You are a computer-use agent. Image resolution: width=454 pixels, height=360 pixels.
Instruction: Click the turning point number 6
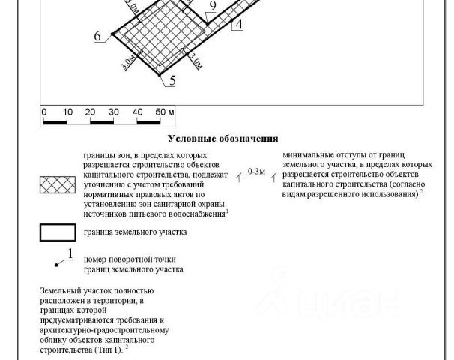click(97, 36)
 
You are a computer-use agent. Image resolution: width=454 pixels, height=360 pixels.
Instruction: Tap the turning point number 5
click(172, 80)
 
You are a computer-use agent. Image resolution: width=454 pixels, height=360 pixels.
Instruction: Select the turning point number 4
click(239, 24)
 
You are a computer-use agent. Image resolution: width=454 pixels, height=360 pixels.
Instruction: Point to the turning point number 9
click(213, 6)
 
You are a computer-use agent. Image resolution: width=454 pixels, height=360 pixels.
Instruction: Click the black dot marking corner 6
click(112, 34)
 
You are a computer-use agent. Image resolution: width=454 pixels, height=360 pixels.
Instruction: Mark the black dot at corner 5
click(160, 75)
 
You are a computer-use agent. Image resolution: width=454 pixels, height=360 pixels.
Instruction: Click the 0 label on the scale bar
click(44, 112)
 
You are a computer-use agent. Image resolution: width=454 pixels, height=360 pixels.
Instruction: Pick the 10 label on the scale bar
click(67, 112)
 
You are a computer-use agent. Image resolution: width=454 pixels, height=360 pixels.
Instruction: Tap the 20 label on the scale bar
click(90, 112)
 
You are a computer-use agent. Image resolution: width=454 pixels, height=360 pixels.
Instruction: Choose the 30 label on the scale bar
click(114, 112)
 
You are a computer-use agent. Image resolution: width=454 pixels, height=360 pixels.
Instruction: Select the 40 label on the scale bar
click(137, 112)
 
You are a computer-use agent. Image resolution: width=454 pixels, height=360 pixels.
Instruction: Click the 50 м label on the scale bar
click(165, 112)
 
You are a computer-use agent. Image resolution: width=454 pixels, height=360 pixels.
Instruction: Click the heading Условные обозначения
click(223, 139)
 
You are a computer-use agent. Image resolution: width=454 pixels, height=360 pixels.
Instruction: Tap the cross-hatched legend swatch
click(58, 185)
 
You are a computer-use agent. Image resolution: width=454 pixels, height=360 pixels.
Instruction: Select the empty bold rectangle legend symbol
click(58, 232)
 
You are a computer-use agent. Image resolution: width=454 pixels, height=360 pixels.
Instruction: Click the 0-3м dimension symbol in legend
click(256, 175)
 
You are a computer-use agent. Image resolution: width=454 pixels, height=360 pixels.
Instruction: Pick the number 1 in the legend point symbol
click(70, 253)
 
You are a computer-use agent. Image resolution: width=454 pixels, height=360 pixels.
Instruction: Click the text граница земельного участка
click(135, 232)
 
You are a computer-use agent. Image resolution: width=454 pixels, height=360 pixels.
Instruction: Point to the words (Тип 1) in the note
click(109, 349)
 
